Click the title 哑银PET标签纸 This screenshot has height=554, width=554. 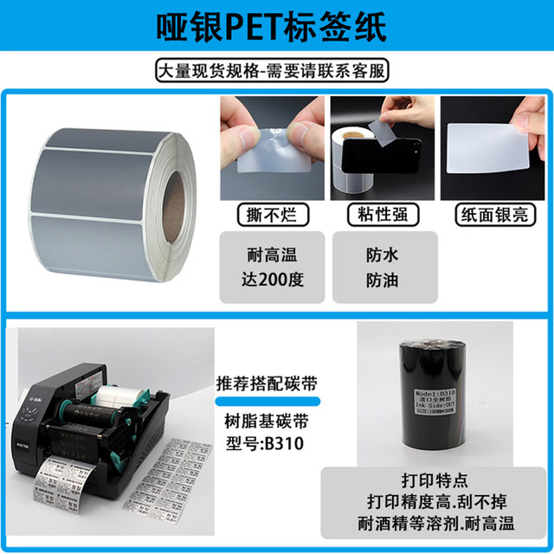(x=277, y=28)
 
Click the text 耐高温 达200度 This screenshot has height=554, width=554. (x=272, y=267)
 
